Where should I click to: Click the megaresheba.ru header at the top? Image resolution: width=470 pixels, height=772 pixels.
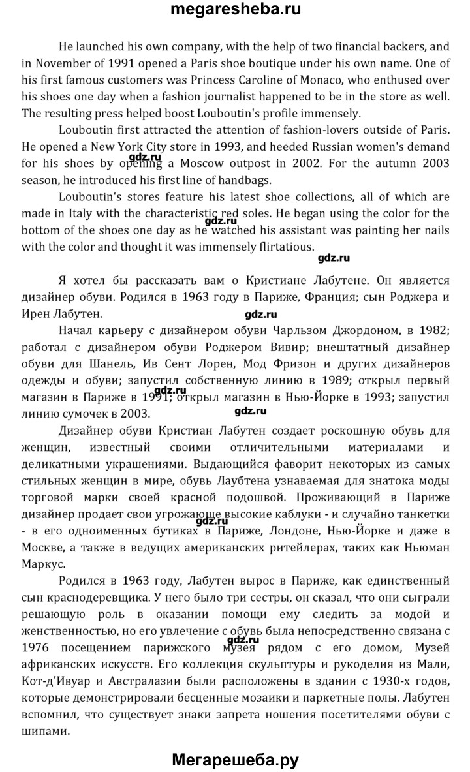(x=235, y=10)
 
